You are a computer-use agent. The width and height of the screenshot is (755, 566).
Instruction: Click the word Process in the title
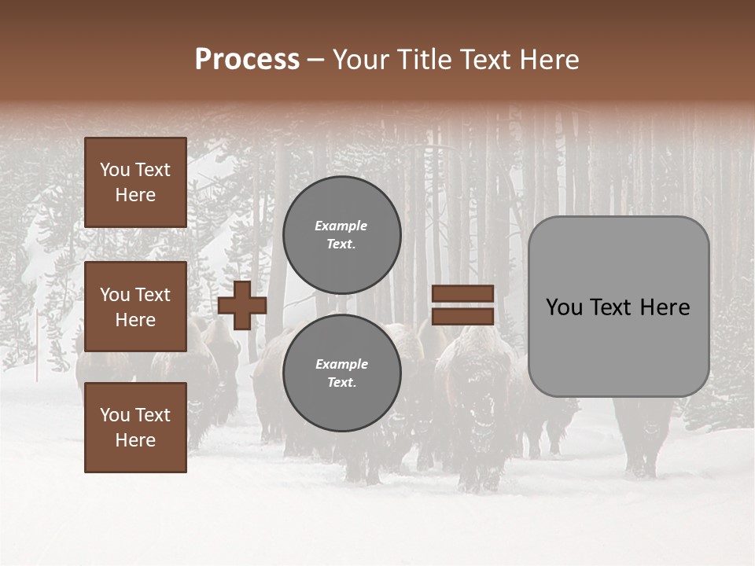[247, 59]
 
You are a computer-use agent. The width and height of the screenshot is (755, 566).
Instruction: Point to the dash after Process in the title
[315, 61]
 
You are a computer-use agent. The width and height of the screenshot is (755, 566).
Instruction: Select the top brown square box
[135, 182]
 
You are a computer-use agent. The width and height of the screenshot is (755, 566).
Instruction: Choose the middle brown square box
[135, 307]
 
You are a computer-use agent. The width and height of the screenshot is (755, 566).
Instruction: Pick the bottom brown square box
[135, 428]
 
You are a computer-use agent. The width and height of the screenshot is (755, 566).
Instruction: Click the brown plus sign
[242, 306]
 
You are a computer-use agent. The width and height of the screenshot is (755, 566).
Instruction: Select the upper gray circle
[342, 235]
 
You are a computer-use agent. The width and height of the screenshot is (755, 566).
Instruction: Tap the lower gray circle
[342, 373]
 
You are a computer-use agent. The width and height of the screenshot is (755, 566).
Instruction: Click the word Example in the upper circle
[341, 226]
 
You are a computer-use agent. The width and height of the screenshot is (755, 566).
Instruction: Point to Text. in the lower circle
[342, 383]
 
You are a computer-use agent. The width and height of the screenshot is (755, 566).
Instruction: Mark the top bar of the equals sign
[463, 294]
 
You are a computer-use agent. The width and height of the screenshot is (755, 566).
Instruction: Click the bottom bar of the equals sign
[463, 316]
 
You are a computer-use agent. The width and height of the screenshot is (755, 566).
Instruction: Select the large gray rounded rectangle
[618, 306]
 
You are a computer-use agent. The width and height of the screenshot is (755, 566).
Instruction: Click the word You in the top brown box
[115, 170]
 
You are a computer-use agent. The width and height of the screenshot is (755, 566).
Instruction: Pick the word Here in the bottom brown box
[135, 440]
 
